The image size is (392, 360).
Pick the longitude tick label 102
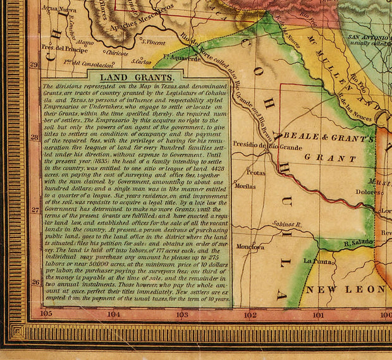[x=250, y=314]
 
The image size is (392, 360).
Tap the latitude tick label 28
[x=35, y=136]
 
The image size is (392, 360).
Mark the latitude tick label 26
[x=35, y=282]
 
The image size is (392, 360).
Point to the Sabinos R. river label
[x=285, y=225]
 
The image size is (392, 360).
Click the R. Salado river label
[x=357, y=242]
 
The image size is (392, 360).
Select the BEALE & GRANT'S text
[x=328, y=138]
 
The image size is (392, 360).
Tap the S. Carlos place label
[x=141, y=62]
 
